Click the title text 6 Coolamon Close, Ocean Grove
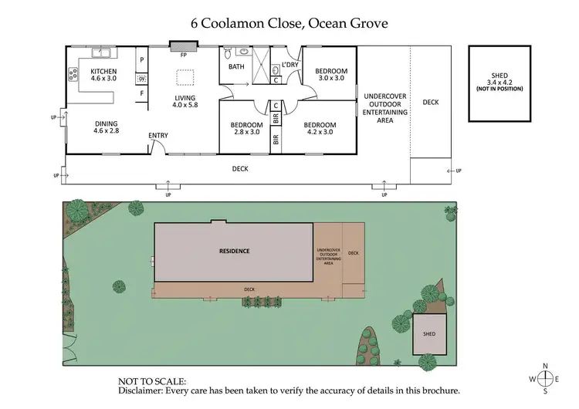click(289, 23)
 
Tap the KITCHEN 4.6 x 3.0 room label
click(103, 75)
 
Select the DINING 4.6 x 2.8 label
click(107, 127)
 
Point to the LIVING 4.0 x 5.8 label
click(185, 102)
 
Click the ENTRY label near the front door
click(158, 136)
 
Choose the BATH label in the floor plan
click(236, 66)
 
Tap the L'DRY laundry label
click(289, 65)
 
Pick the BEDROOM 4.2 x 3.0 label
click(319, 128)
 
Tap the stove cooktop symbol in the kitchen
click(74, 75)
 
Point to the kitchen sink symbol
click(100, 52)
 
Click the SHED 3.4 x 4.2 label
click(499, 79)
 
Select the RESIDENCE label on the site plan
click(233, 251)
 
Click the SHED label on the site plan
click(428, 333)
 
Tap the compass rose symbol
click(545, 378)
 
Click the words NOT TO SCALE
click(152, 381)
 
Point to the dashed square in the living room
click(185, 77)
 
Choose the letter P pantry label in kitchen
click(141, 59)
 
